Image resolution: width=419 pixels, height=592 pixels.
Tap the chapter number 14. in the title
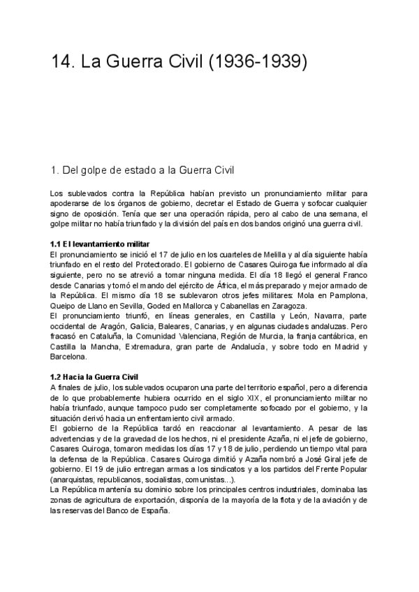point(64,64)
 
